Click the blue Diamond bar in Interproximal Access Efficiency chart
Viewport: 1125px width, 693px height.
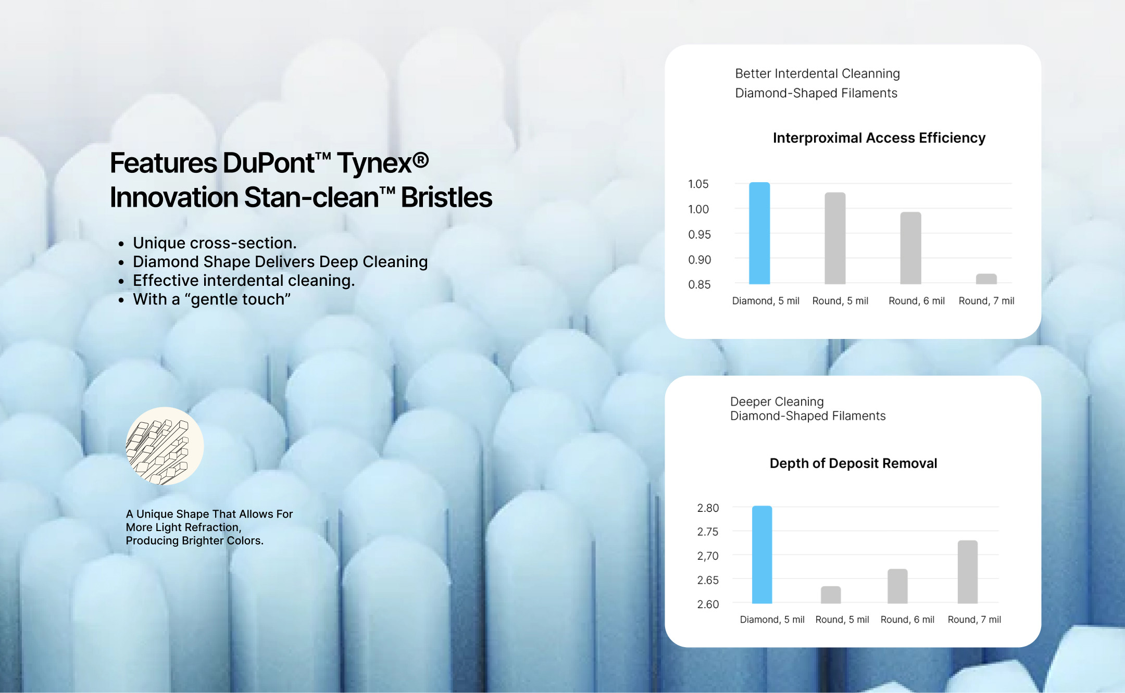click(x=759, y=233)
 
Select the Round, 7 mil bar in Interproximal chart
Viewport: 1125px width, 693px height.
click(x=986, y=279)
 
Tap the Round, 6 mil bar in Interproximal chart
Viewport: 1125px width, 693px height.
click(x=910, y=248)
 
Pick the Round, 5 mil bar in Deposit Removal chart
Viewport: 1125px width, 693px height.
click(x=831, y=595)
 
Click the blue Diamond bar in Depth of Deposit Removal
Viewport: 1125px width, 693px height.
click(x=762, y=555)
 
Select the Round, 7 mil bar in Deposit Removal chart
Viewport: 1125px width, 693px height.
click(x=968, y=572)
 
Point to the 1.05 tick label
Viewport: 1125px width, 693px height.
click(x=698, y=184)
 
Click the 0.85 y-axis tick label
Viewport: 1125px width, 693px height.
click(x=699, y=284)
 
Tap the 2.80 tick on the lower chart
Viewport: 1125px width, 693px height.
click(x=708, y=508)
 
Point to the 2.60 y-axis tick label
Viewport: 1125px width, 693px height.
click(x=708, y=604)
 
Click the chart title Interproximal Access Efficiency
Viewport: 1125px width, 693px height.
click(x=879, y=138)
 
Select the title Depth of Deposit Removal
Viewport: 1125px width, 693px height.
click(x=853, y=463)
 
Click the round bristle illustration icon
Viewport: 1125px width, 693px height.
click(x=165, y=446)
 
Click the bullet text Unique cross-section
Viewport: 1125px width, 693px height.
click(x=215, y=243)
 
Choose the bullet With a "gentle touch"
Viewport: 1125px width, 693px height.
click(x=211, y=299)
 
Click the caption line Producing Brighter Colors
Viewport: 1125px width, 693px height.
click(x=194, y=540)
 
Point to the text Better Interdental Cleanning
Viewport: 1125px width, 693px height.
click(x=817, y=73)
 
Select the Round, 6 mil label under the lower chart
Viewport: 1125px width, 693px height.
click(x=907, y=620)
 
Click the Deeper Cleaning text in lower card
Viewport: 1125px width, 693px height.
click(x=777, y=402)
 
